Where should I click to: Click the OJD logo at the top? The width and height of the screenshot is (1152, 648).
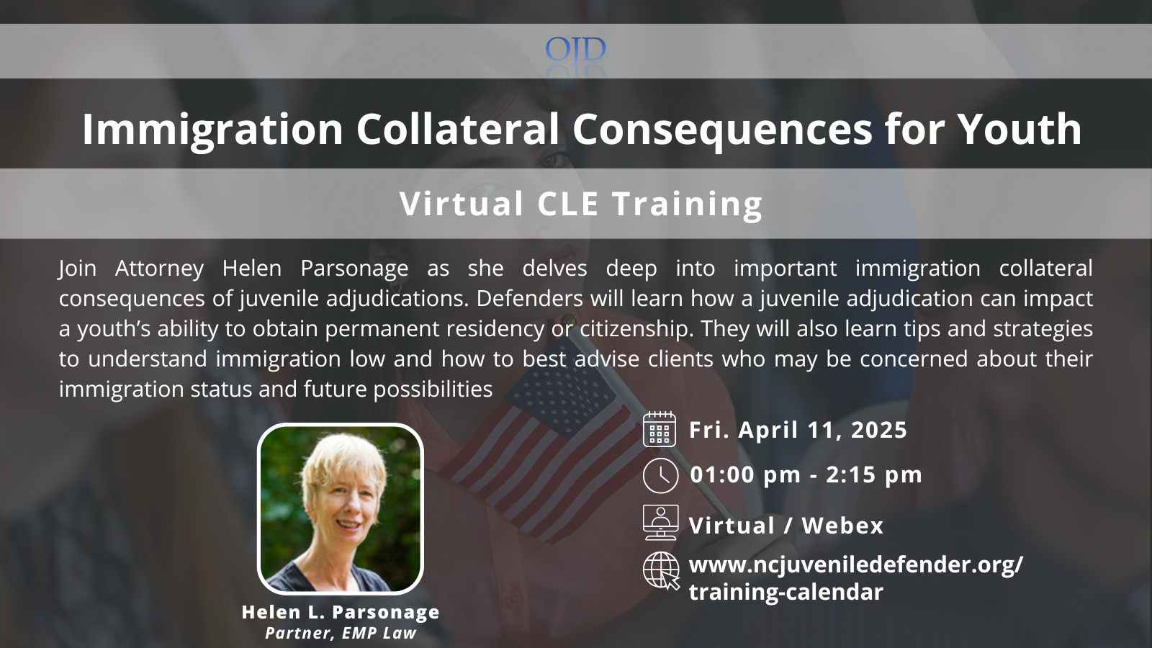(x=575, y=50)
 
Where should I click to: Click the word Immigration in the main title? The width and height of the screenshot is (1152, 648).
(x=212, y=130)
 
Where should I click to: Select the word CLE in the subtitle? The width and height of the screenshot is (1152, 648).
(x=568, y=204)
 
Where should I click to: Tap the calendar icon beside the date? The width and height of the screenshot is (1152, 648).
(x=660, y=429)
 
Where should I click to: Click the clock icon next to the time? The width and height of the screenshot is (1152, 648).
(x=660, y=475)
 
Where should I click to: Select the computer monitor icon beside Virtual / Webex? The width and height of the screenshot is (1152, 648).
(x=660, y=523)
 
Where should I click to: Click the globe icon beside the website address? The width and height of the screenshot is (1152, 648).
(x=662, y=570)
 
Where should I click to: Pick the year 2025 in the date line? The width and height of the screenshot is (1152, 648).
(x=879, y=430)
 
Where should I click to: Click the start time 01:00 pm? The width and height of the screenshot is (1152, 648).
(x=745, y=475)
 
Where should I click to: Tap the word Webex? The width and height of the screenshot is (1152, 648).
(x=843, y=526)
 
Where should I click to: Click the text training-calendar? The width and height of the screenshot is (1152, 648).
(x=786, y=592)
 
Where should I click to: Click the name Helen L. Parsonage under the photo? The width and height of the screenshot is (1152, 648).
(x=341, y=612)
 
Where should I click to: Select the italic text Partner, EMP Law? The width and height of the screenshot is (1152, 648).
(x=341, y=633)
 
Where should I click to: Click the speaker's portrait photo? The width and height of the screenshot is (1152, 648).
(x=341, y=508)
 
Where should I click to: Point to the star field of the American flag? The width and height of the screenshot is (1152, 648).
(x=561, y=391)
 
